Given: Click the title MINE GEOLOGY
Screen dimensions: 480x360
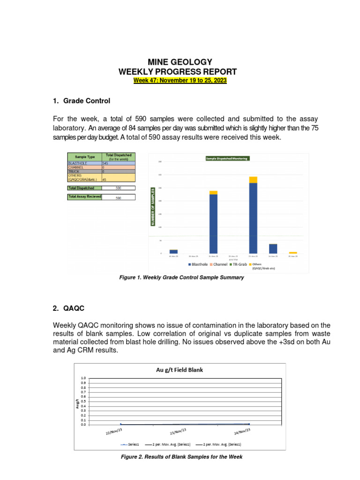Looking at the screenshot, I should pos(180,62).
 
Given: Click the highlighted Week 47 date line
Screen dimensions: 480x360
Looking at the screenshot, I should pos(180,81).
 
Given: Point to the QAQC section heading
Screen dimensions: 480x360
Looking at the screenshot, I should pos(68,308).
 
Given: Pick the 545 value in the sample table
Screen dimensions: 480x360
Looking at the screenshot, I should pos(105,163).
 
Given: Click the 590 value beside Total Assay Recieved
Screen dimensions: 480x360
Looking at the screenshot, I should pos(119,198).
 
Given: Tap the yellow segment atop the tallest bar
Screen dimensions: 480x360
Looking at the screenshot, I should pos(253,180).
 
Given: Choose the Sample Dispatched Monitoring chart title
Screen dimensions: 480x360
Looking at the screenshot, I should pos(227,158).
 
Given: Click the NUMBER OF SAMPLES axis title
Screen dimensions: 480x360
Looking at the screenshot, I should pos(152,207).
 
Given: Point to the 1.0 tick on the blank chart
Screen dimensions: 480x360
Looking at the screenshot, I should pos(83,378).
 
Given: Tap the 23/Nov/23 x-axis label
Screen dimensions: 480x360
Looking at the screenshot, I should pos(178,431).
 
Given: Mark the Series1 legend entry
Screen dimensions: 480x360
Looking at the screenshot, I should pos(131,444).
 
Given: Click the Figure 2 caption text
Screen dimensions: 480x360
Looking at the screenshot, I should pos(181,457).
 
